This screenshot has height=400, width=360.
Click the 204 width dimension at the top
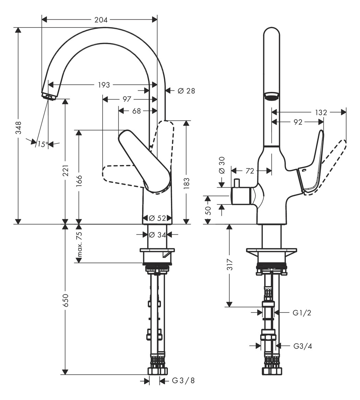101,20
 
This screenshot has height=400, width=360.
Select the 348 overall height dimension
18,128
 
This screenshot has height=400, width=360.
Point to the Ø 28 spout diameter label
186,91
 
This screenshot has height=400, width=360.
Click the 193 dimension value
104,85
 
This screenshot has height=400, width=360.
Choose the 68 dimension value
137,111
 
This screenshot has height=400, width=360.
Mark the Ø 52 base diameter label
158,218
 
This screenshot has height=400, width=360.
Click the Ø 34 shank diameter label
157,235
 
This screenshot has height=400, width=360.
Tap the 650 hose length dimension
65,300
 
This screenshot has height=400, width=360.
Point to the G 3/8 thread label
183,380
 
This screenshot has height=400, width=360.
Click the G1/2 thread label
302,313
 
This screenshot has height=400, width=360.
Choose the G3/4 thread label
303,346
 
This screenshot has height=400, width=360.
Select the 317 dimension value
229,264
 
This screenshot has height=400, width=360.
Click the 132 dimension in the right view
321,113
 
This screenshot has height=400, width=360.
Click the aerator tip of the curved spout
49,96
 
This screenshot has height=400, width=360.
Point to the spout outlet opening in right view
271,97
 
